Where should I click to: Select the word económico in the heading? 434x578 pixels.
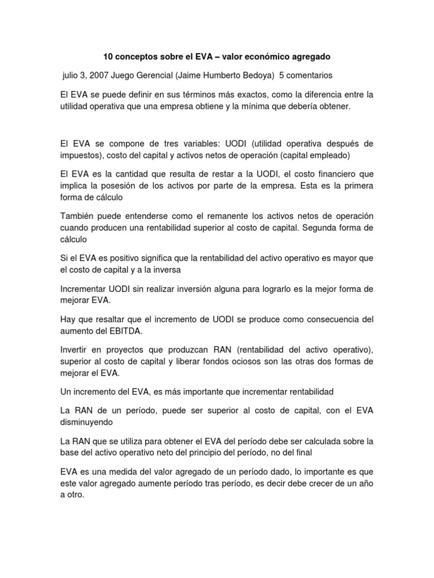coord(268,57)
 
